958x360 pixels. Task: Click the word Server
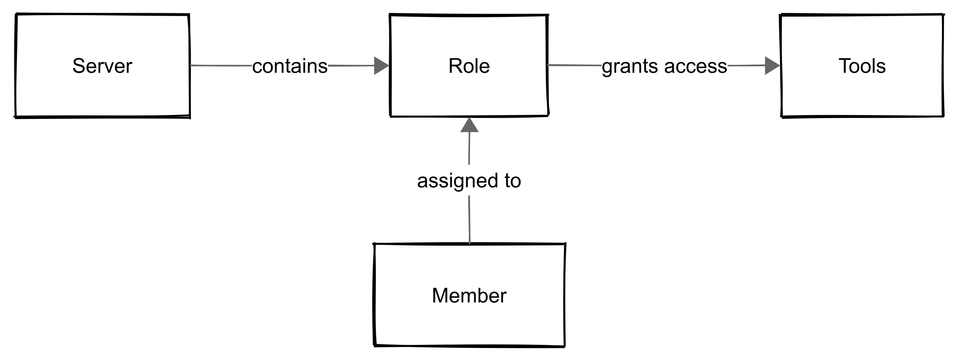[x=102, y=66]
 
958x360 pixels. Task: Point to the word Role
[x=469, y=66]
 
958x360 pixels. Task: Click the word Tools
[x=862, y=66]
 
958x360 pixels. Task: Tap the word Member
[x=469, y=296]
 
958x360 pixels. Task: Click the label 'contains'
[x=290, y=66]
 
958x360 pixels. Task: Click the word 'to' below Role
[x=513, y=181]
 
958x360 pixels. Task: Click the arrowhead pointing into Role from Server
[x=381, y=66]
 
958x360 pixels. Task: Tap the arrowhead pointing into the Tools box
[x=772, y=65]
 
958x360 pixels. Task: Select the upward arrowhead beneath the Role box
[x=469, y=126]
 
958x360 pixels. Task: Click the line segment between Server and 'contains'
[x=221, y=66]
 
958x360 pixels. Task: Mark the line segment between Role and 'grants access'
[x=574, y=65]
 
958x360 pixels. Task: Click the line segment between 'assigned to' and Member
[x=469, y=219]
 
